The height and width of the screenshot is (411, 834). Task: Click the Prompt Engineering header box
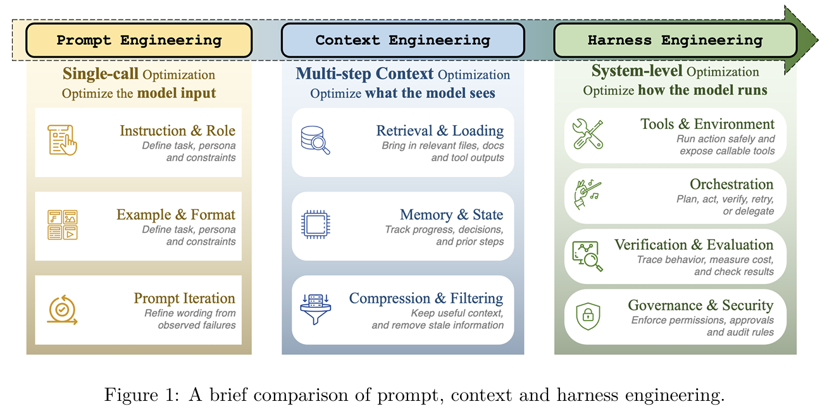[139, 40]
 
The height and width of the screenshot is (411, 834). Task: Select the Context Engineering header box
[403, 40]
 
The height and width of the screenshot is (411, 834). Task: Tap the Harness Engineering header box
[675, 40]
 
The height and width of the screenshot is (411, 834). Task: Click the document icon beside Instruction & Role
[62, 140]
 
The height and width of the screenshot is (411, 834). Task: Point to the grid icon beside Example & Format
[62, 224]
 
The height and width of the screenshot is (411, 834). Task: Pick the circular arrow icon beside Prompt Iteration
[62, 310]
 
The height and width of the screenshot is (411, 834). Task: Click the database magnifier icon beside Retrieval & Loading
[315, 140]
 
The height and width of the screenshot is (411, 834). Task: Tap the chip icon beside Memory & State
[315, 224]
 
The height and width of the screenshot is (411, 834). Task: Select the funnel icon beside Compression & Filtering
[315, 309]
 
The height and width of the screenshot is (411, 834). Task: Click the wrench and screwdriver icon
[588, 134]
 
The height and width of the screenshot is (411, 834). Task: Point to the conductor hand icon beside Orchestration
[588, 194]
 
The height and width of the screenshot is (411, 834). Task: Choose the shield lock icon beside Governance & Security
[588, 316]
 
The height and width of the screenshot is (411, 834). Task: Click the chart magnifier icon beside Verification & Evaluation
[587, 256]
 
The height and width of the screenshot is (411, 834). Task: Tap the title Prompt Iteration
[184, 298]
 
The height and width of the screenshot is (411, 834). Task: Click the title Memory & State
[451, 214]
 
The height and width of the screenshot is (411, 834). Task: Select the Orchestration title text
[731, 184]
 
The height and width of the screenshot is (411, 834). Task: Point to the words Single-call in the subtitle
[101, 73]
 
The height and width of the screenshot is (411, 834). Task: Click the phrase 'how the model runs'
[702, 90]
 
